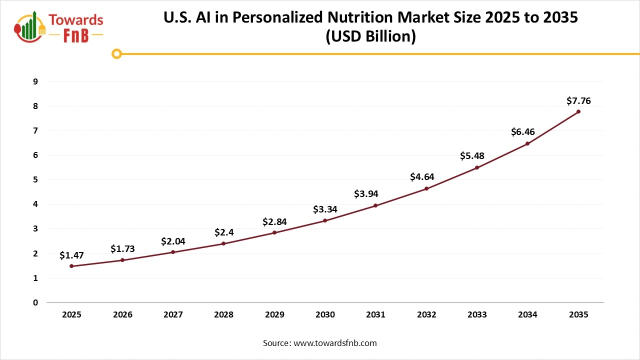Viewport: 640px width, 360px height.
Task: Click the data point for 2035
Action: [578, 111]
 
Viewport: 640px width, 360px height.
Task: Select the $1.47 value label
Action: [71, 255]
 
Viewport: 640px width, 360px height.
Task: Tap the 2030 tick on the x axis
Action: [325, 315]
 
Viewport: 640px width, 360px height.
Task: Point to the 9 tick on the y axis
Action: [35, 81]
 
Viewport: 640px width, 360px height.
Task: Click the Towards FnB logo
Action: [59, 27]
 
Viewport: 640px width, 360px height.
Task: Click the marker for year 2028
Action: [223, 243]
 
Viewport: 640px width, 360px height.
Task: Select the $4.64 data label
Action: [422, 176]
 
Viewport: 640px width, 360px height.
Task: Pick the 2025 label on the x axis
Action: [71, 315]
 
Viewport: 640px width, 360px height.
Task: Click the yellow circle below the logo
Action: [116, 53]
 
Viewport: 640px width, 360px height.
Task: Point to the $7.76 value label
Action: [578, 101]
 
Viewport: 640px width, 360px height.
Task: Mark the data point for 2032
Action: [426, 188]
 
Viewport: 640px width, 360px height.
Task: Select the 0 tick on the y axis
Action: [35, 302]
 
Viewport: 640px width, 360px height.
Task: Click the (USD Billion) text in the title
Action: [370, 37]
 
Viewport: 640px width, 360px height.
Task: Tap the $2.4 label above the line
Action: [223, 232]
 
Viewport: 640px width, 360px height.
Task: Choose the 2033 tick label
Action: [477, 315]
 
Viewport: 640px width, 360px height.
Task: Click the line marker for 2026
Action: [122, 260]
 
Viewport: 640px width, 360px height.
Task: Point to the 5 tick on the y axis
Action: [35, 179]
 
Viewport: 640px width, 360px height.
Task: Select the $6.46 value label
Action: [523, 132]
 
